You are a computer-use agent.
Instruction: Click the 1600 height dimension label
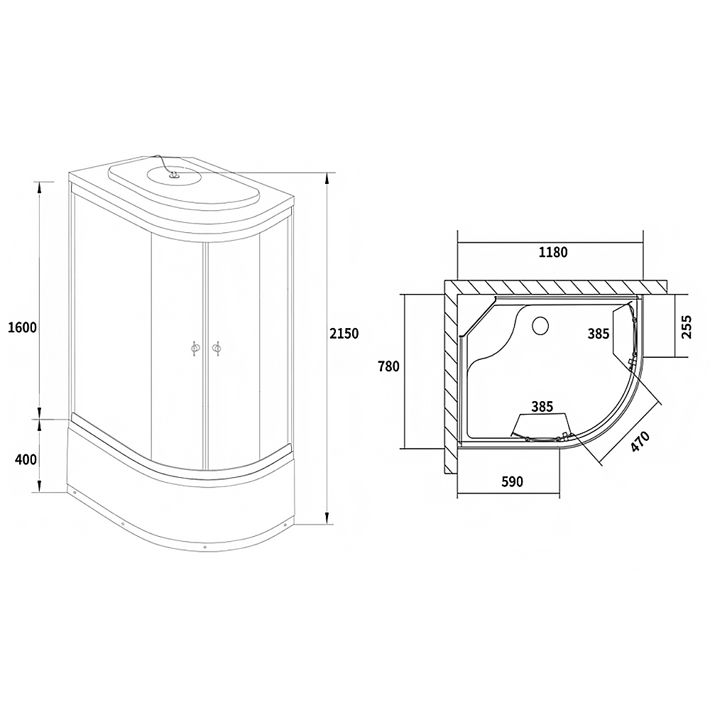point(23,327)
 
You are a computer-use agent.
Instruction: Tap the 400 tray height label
point(26,459)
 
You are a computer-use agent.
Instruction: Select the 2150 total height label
point(344,333)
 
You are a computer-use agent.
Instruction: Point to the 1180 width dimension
point(553,252)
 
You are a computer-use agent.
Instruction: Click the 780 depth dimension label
point(389,366)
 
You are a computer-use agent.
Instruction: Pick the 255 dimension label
point(687,327)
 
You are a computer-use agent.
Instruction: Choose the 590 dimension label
point(512,481)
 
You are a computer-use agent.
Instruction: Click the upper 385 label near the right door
point(599,334)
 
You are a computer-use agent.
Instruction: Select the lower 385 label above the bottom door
point(542,407)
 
